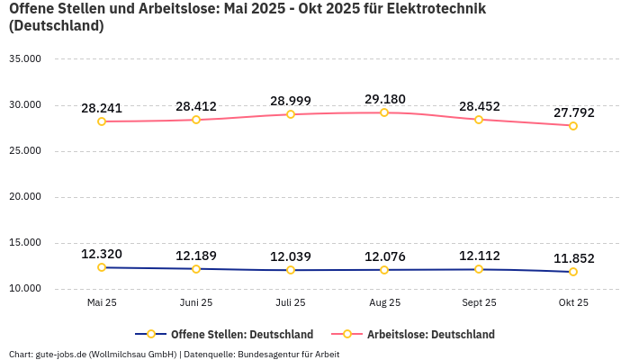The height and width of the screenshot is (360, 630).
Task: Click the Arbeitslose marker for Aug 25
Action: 384,112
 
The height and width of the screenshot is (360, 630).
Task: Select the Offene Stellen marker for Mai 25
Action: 102,267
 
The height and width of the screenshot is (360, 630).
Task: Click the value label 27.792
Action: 573,112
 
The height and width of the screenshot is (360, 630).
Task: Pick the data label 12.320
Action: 102,254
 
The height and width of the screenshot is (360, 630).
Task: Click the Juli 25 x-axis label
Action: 290,303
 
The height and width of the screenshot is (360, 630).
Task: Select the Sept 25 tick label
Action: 479,303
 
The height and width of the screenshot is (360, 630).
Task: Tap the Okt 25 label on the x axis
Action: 573,303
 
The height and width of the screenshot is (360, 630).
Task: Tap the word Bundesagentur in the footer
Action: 268,354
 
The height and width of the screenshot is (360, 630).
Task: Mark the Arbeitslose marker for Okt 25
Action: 573,126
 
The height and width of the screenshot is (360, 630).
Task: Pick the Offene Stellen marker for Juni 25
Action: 196,269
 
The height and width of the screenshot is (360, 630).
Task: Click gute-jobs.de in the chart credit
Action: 60,354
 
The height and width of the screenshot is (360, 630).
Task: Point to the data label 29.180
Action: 384,98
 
